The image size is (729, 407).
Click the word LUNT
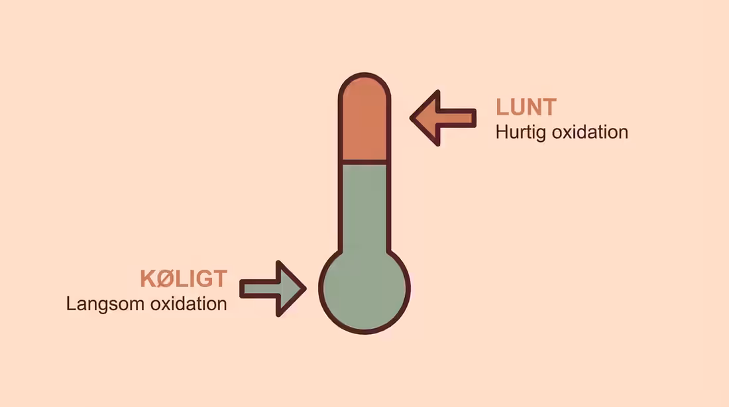pos(526,107)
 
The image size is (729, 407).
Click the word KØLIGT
pos(184,278)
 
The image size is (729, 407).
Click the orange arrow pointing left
pos(443,118)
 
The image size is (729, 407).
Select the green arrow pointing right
pos(273,289)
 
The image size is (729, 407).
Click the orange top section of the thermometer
pos(364,119)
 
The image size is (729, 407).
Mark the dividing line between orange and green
pos(364,162)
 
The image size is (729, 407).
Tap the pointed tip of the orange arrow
pos(410,118)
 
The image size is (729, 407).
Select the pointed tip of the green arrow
pos(306,289)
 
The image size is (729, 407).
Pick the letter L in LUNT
pos(502,107)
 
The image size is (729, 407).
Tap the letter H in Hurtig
pos(502,132)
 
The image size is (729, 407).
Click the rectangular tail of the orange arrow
pos(458,118)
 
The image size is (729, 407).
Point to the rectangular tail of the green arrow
pos(258,289)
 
